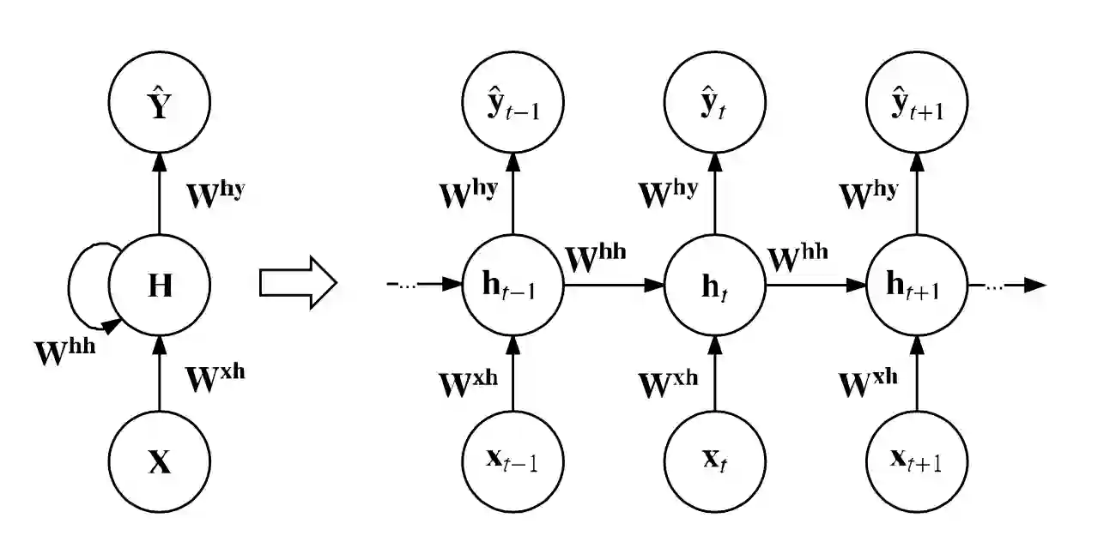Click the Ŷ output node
tap(160, 102)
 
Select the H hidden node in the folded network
tap(160, 286)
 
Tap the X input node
tap(160, 462)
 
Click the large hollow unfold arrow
tap(299, 283)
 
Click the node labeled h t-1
tap(513, 286)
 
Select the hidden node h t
tap(715, 286)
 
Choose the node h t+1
tap(917, 286)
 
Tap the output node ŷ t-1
tap(513, 102)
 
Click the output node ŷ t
tap(715, 102)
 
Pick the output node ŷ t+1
tap(917, 102)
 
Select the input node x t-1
tap(513, 462)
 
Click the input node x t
tap(715, 462)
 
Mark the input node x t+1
tap(917, 462)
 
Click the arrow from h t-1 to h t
tap(614, 286)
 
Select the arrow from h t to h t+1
tap(816, 286)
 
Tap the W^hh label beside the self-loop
tap(64, 352)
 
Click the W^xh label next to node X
tap(215, 378)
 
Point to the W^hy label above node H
tap(215, 195)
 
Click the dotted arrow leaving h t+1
tap(1007, 286)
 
